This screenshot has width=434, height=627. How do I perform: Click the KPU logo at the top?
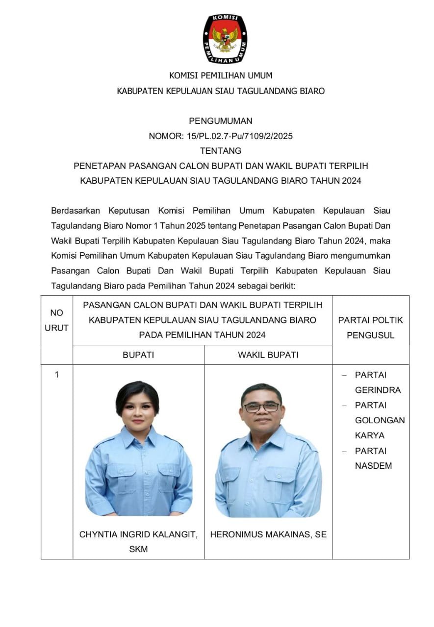[x=225, y=39]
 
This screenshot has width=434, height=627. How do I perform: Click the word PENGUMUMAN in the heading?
[x=221, y=121]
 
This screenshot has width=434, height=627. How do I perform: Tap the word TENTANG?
[x=221, y=151]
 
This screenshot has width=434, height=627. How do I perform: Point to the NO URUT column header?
[x=56, y=320]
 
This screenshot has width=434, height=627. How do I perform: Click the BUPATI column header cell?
[x=138, y=355]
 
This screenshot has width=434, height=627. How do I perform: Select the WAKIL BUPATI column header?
[x=268, y=355]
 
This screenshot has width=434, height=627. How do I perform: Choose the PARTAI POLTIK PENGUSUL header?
[x=370, y=328]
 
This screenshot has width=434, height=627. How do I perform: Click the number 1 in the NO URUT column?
[x=56, y=375]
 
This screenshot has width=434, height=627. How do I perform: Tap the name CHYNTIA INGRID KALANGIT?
[x=138, y=534]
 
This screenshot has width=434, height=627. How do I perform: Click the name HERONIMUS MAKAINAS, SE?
[x=268, y=534]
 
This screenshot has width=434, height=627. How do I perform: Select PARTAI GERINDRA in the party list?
[x=377, y=383]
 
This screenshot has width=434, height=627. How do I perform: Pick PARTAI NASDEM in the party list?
[x=373, y=458]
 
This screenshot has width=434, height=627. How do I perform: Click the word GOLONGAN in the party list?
[x=380, y=420]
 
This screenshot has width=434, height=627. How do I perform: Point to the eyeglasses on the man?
[x=261, y=407]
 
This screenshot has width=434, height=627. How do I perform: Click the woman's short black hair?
[x=137, y=394]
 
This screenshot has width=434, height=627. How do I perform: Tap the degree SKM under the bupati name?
[x=138, y=549]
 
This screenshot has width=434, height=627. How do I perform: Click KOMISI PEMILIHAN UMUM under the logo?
[x=221, y=75]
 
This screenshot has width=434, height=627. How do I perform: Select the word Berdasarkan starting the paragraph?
[x=76, y=211]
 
